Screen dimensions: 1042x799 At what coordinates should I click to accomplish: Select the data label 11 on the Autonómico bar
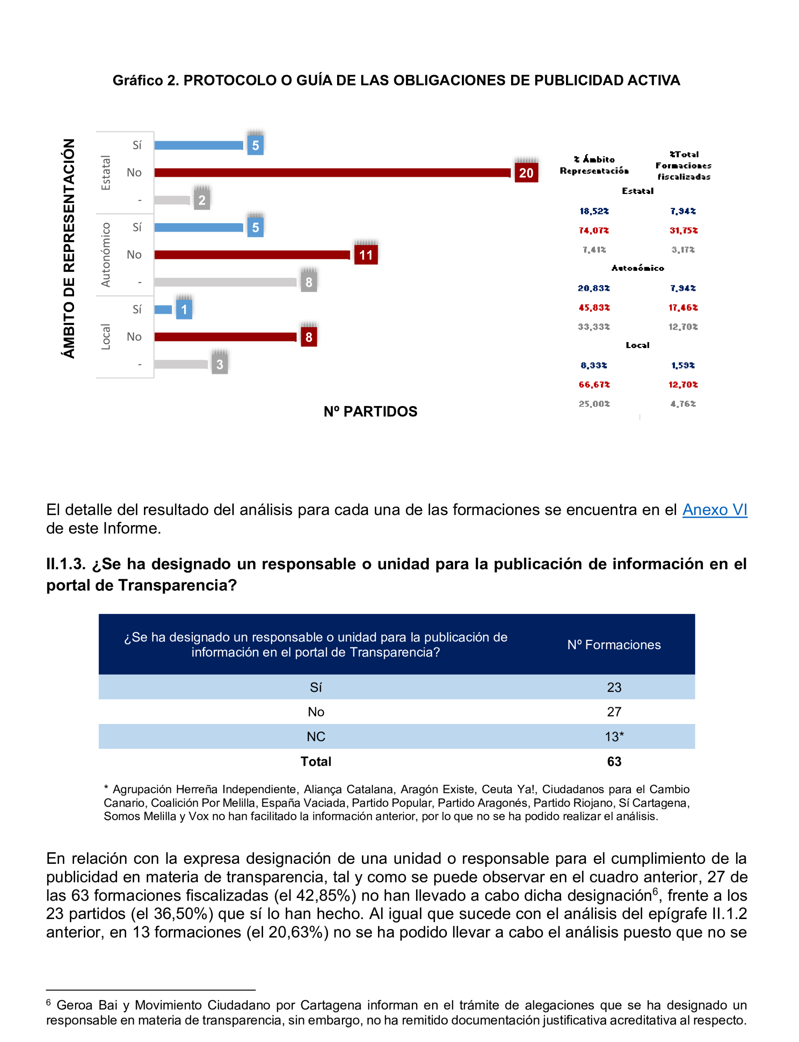366,255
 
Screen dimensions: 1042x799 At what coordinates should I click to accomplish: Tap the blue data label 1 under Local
184,310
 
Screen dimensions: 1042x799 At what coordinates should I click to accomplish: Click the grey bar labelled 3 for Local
181,364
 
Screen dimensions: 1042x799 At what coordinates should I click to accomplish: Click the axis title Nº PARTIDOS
370,411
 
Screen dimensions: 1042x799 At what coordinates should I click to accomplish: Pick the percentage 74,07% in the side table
593,231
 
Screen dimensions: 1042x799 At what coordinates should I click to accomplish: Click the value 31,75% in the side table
683,231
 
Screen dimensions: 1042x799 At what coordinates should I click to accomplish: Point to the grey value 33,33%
593,327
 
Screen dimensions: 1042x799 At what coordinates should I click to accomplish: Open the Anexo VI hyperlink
714,510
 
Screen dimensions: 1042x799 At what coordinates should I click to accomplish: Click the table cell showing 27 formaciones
614,712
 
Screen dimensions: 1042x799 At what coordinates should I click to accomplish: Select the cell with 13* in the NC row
614,737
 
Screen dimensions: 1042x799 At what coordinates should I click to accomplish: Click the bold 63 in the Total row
614,762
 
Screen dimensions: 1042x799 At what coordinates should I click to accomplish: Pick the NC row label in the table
316,737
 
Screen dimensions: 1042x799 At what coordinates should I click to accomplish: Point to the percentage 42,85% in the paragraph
326,895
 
